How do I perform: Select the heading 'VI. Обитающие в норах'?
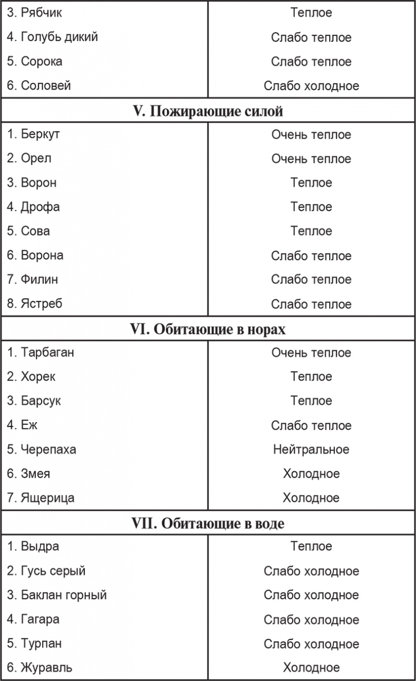pyautogui.click(x=207, y=329)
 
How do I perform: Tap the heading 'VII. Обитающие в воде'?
pyautogui.click(x=207, y=524)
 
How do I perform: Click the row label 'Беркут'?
pyautogui.click(x=40, y=134)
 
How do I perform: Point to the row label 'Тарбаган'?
pyautogui.click(x=47, y=352)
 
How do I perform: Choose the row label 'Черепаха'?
pyautogui.click(x=48, y=450)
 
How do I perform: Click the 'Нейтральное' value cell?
pyautogui.click(x=311, y=450)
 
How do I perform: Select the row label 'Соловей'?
pyautogui.click(x=45, y=85)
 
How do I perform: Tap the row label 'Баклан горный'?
pyautogui.click(x=64, y=595)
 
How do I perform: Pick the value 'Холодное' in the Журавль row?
pyautogui.click(x=311, y=668)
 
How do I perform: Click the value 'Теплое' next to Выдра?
pyautogui.click(x=311, y=547)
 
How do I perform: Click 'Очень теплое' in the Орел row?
pyautogui.click(x=311, y=159)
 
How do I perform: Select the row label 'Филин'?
pyautogui.click(x=39, y=279)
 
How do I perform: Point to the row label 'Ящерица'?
pyautogui.click(x=47, y=498)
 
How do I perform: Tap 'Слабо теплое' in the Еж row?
pyautogui.click(x=311, y=425)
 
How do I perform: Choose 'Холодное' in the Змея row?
pyautogui.click(x=311, y=473)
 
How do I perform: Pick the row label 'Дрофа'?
pyautogui.click(x=40, y=207)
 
